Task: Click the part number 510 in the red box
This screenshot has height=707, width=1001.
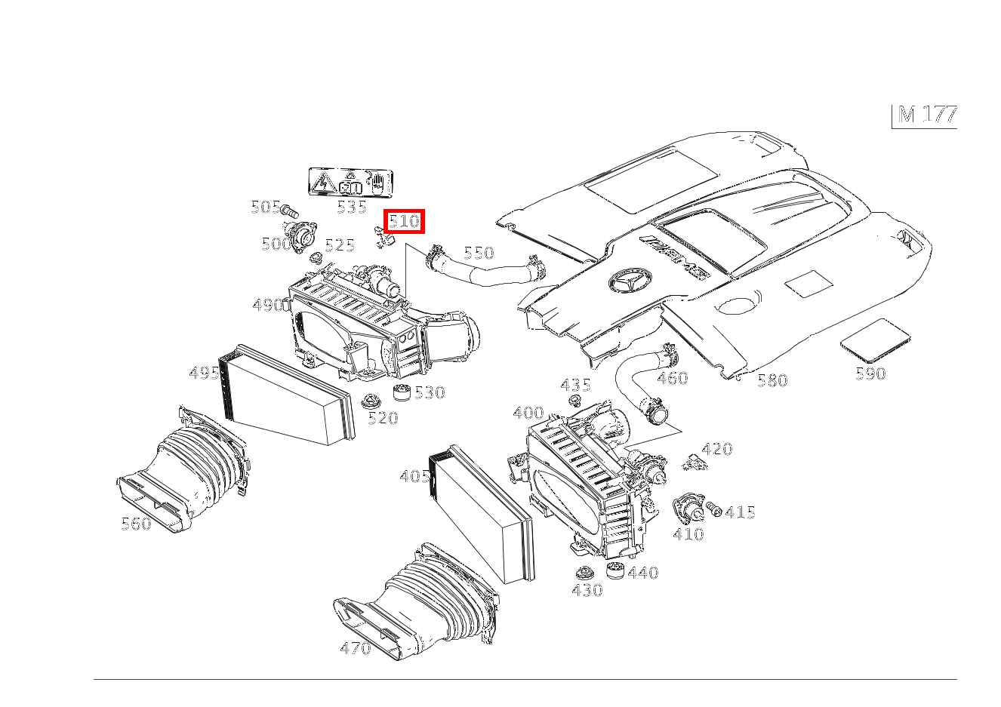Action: point(404,222)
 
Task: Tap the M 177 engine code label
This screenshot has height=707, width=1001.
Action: point(927,115)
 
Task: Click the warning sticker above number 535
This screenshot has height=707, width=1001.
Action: point(351,183)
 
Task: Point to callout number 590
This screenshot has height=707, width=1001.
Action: point(870,373)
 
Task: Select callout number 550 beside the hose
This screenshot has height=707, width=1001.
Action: point(478,253)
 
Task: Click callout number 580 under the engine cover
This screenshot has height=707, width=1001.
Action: point(772,380)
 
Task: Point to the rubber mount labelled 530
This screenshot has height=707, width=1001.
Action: point(403,392)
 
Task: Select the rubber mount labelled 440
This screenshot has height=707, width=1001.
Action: point(616,571)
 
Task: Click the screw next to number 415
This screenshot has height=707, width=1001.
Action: point(713,511)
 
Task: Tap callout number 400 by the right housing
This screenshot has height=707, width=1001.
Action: point(528,413)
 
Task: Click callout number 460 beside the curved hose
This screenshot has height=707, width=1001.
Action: point(672,378)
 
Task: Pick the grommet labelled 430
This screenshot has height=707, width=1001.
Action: point(583,573)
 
